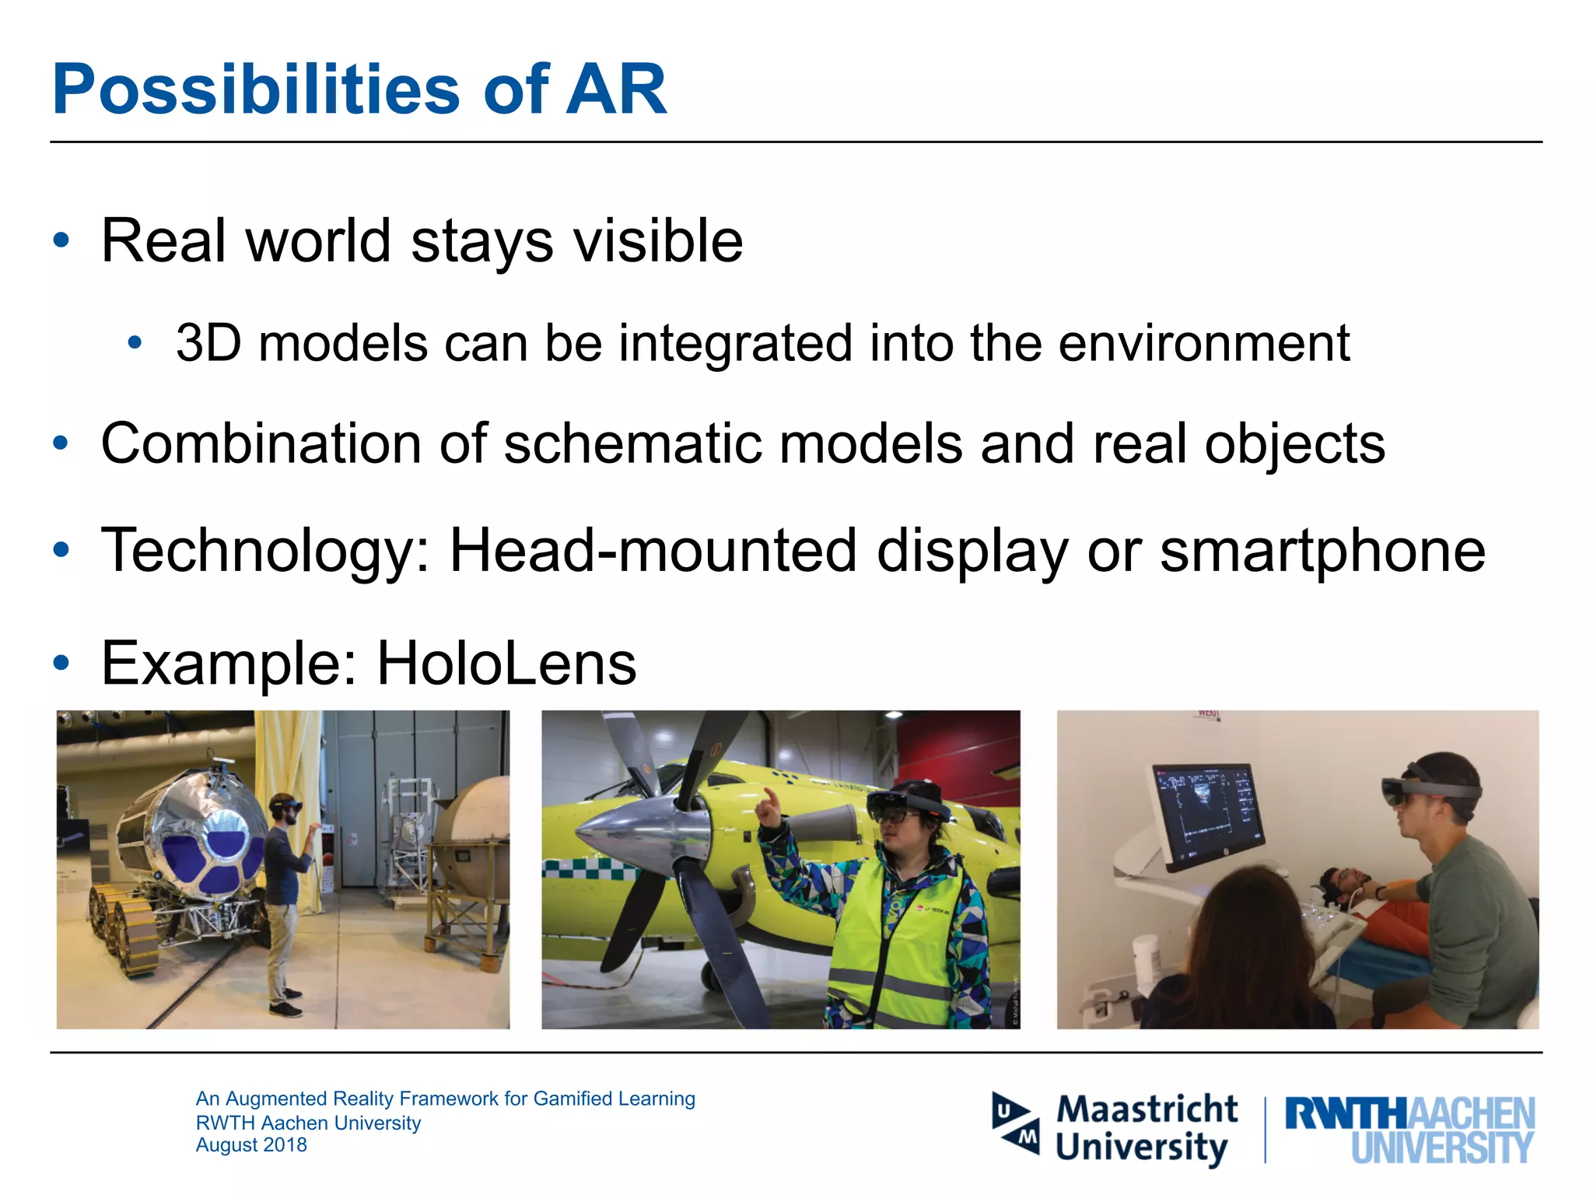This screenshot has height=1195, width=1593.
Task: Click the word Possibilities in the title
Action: tap(257, 90)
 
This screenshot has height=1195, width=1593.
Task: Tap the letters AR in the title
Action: tap(616, 90)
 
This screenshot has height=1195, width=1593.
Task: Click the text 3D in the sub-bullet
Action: tap(208, 343)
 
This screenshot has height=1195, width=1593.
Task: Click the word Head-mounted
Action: tap(653, 551)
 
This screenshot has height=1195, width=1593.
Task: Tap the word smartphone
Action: tap(1322, 551)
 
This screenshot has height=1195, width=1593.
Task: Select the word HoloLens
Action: tap(506, 664)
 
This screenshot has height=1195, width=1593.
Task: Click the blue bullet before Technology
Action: tap(61, 551)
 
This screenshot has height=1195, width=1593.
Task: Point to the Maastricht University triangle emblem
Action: tap(1016, 1123)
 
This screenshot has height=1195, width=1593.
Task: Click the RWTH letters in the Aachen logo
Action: tap(1346, 1114)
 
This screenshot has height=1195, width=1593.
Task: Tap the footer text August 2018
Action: tap(251, 1145)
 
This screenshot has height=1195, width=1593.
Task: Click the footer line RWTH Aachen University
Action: tap(308, 1123)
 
